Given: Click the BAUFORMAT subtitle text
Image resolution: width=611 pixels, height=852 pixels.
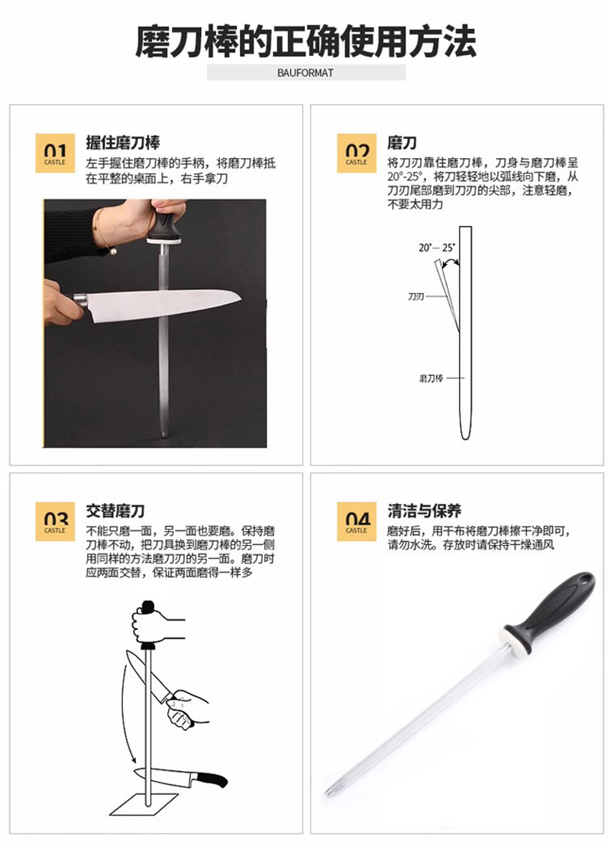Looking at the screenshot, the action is pos(305,73).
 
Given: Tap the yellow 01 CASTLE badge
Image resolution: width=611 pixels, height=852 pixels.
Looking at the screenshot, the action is pos(55,153).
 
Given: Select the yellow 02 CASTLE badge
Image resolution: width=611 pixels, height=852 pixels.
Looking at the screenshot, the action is pos(357,153).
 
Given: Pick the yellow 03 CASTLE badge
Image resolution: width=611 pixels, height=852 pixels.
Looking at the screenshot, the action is pos(55,521).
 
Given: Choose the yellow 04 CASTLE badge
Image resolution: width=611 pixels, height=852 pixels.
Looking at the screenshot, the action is pos(357,521).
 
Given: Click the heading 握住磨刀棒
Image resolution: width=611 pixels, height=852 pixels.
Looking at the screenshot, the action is pos(123,143).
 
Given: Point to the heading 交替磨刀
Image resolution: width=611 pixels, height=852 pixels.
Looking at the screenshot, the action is pos(115,512).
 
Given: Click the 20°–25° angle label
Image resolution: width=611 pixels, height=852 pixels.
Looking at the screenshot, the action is pos(437,248).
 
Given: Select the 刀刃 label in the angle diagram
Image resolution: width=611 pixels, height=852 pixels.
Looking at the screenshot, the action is pos(415,297).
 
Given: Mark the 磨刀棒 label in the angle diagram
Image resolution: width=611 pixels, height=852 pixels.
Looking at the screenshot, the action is pos(431,378).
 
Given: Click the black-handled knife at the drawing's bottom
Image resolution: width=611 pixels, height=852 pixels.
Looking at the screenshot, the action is pos(180,777).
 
